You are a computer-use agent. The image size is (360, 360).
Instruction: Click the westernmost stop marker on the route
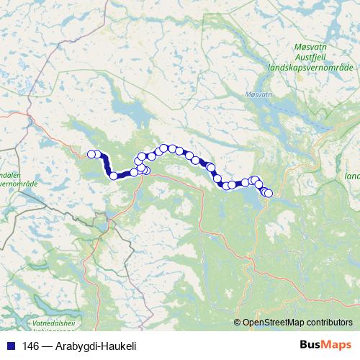click(91, 153)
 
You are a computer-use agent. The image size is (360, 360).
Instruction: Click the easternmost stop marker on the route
click(269, 193)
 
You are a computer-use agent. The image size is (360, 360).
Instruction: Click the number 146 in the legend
click(31, 346)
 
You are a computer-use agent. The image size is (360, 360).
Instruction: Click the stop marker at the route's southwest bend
click(113, 176)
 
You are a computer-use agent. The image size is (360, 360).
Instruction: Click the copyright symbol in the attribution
click(238, 322)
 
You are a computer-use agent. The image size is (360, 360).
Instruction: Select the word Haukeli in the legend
click(119, 346)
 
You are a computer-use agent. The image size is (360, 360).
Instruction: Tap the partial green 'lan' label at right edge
click(352, 176)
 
